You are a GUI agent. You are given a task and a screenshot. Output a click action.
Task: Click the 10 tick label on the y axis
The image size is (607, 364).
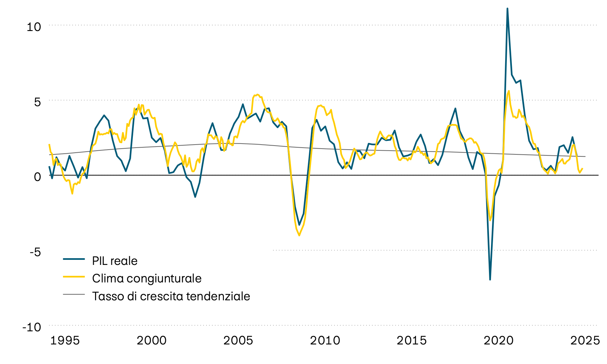tap(33, 27)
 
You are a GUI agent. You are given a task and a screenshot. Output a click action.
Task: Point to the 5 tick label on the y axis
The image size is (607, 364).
tap(37, 102)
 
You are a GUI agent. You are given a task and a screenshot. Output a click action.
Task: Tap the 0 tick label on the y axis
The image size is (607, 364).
tap(37, 177)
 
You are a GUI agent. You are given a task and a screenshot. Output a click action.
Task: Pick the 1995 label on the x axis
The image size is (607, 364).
tap(65, 341)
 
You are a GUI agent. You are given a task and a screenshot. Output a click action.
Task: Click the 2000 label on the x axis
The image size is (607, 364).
tap(151, 341)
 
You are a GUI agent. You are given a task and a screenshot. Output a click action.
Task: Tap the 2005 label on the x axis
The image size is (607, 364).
tap(238, 341)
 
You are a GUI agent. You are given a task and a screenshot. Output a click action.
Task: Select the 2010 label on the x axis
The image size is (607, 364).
tap(325, 341)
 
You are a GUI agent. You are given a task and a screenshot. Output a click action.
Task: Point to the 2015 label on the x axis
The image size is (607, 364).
tap(411, 341)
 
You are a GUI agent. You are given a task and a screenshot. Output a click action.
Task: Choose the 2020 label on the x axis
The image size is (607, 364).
tap(498, 341)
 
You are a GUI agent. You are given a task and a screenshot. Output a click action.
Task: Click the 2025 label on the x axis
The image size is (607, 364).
tap(585, 341)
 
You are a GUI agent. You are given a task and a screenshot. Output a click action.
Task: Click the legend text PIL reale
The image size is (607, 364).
tap(115, 261)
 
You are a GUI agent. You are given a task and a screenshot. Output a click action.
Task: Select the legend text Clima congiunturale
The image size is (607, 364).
tap(147, 278)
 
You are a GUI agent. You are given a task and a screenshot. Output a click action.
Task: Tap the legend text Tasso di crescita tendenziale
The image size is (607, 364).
tap(171, 296)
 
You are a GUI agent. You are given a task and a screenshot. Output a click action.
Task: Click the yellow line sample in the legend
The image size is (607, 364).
tap(74, 276)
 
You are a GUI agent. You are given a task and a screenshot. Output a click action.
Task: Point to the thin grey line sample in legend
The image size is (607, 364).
tap(74, 294)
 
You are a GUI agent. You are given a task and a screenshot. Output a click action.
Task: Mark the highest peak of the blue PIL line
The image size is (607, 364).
tap(508, 8)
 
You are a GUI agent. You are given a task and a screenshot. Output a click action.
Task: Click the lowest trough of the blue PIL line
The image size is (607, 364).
tap(490, 279)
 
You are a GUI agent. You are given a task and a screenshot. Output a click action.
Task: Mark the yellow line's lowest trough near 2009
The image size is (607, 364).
tap(299, 235)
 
